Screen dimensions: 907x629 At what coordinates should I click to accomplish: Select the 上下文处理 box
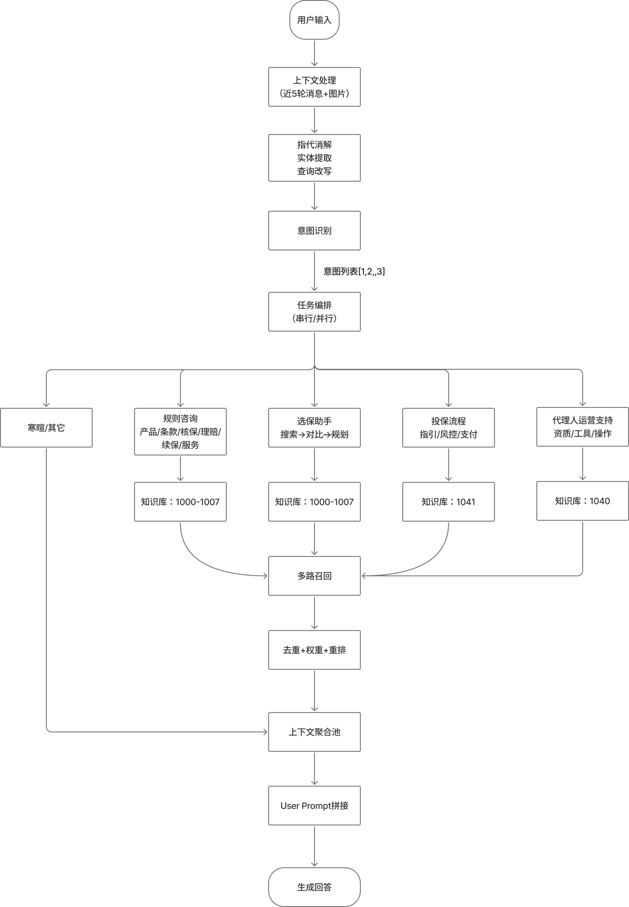314,87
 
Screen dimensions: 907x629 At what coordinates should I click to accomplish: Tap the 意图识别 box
314,231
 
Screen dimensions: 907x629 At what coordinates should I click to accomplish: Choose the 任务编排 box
314,312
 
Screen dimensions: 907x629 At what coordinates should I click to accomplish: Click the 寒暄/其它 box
46,428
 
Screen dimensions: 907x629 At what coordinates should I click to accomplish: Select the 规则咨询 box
180,431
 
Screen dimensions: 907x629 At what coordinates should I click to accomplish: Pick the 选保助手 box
314,428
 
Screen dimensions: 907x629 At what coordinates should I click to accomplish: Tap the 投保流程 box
448,428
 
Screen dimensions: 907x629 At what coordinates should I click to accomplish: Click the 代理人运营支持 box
582,427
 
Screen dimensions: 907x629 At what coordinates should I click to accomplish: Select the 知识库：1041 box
448,502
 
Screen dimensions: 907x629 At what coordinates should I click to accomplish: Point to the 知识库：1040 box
582,501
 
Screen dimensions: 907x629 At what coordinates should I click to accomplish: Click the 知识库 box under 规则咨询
180,502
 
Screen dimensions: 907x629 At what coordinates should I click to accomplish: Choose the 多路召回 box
314,576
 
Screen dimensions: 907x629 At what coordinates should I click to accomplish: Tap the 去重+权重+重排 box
314,650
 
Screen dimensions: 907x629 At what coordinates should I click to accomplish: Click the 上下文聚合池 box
314,732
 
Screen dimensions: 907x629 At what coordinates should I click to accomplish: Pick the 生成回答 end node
314,887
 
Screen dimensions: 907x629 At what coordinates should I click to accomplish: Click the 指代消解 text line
314,145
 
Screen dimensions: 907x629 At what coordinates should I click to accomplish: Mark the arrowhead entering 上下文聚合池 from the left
265,732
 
